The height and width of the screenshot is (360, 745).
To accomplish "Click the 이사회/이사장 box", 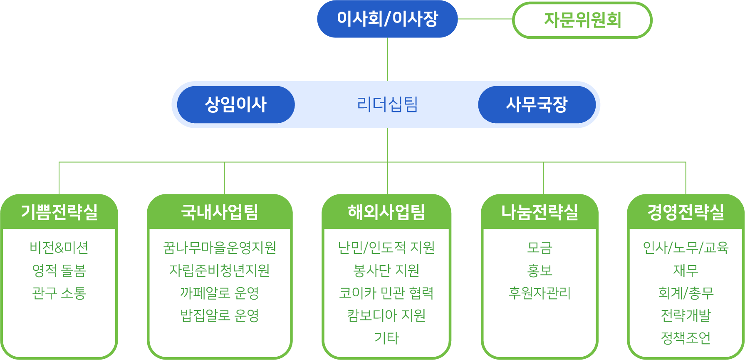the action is coord(387,19).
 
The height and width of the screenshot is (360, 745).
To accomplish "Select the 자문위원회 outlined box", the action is coord(582,20).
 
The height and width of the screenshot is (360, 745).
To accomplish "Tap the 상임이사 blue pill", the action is coord(236,104).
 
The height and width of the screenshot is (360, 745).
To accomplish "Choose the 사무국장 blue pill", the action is coord(537,104).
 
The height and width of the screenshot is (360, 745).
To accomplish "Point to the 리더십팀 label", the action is coord(387,104).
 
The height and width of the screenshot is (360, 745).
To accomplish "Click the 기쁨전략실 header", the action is coord(59,212).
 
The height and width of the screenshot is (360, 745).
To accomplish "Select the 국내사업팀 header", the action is coord(220,212).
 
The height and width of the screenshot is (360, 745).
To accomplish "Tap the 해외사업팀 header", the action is coord(386,212).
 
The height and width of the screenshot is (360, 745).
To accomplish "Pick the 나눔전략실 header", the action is coord(540,212).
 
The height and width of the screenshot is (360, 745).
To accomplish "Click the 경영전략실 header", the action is coord(686,212).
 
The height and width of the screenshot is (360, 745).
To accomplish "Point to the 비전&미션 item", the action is coord(59,248).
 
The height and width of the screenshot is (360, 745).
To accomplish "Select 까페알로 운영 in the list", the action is coord(220,293).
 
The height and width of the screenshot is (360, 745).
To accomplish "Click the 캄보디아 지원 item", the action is coord(386,315).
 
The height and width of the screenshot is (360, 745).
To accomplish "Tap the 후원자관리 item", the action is coord(540,293).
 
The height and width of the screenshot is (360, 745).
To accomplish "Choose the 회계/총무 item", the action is coord(686,293).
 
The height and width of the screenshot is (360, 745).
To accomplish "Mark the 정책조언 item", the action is coord(686,338).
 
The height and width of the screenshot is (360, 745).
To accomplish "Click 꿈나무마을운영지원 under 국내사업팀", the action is coord(220,248).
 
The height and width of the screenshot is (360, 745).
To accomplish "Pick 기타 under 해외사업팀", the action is coord(386,338).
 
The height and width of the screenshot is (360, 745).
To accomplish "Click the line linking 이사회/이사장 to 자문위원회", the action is coord(485,19).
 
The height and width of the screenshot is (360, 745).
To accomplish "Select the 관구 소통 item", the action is coord(59,293).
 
